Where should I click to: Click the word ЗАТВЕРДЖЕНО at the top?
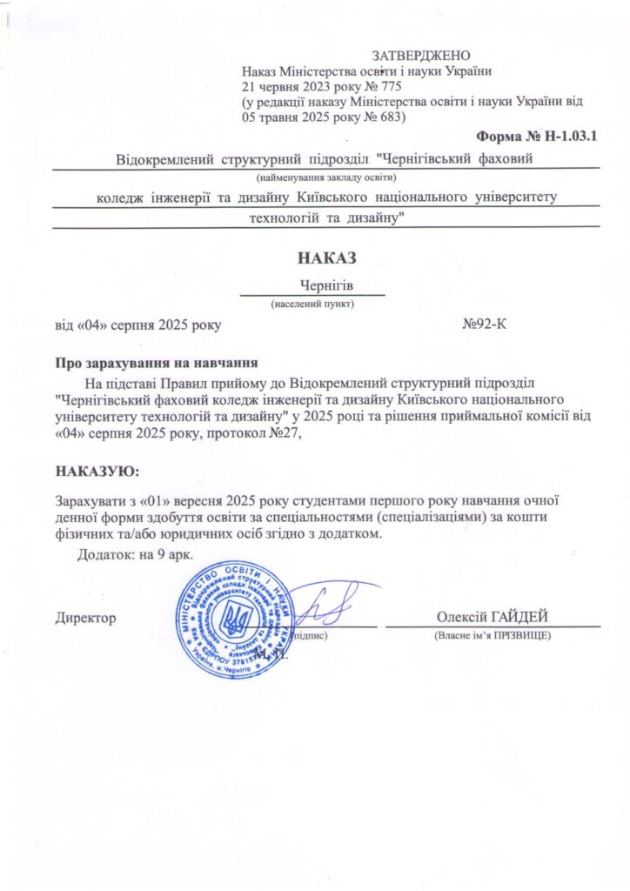point(421,56)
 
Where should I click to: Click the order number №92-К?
point(485,325)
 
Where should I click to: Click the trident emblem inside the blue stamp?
point(234,620)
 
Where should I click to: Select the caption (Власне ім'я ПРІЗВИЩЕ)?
point(493,636)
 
